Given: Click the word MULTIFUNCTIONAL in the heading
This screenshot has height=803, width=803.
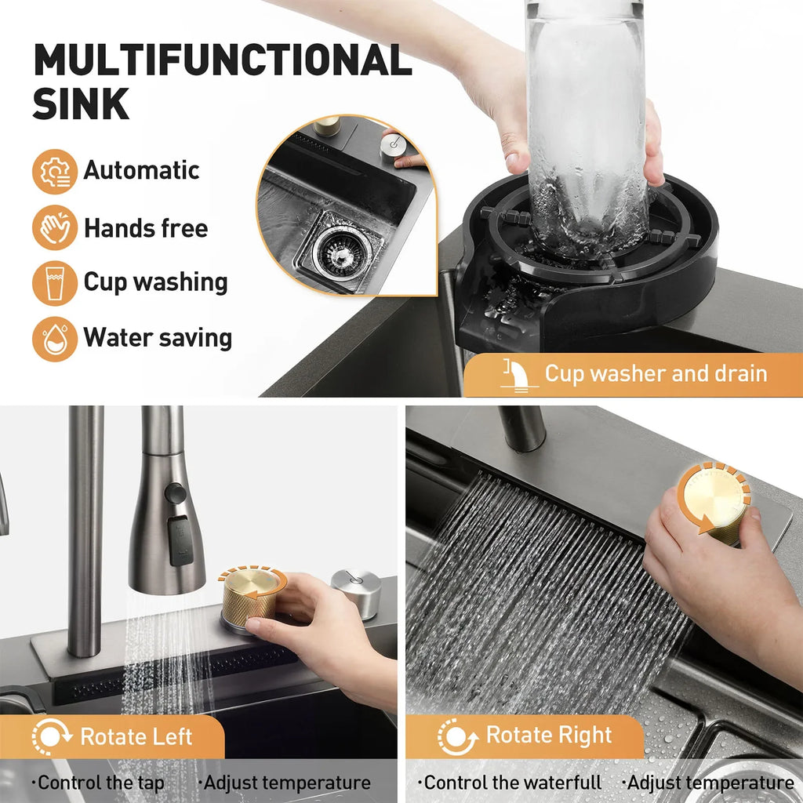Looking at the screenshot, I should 222,60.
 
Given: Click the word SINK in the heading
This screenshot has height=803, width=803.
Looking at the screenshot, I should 81,104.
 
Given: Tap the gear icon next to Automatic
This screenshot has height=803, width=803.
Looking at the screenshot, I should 54,172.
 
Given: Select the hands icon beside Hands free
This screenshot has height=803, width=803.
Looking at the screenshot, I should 54,228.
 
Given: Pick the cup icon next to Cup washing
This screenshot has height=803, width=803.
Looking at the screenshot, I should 54,283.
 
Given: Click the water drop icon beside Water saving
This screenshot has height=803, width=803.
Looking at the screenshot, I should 54,339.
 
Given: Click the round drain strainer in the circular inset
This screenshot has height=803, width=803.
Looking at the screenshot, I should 339,249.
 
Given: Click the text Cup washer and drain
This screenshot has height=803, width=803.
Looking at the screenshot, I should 656,373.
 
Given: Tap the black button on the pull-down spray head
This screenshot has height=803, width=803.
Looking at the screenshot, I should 176,493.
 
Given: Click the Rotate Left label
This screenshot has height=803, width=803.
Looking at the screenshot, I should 136,737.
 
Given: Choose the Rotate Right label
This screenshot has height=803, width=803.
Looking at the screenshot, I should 548,736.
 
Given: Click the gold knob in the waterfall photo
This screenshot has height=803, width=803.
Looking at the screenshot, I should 714,501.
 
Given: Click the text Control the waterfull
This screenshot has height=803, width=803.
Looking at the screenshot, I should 513,783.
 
